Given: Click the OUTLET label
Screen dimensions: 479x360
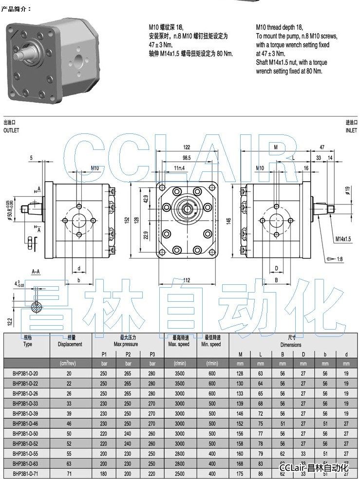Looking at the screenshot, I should tap(11, 130).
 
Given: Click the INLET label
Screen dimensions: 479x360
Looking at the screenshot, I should tap(351, 130).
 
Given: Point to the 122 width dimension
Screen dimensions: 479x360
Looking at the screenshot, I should tap(187, 147).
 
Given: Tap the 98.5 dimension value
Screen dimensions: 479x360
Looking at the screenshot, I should tap(186, 158).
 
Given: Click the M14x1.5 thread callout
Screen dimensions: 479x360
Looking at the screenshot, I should tap(344, 239).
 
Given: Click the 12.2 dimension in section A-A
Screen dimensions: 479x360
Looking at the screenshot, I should tap(10, 321).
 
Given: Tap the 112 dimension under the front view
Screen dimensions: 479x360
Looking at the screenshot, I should tap(186, 279).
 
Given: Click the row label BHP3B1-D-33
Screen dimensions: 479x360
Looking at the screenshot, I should tap(25, 404).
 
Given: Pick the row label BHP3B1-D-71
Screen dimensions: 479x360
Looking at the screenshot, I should tap(25, 474).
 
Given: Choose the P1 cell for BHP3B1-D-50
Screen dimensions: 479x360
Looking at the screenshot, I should tap(104, 434).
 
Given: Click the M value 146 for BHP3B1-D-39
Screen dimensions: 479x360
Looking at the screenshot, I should tap(240, 414).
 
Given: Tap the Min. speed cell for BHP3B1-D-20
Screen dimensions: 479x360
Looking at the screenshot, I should tap(211, 373).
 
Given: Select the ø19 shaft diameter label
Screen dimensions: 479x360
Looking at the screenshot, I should tap(348, 190).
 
